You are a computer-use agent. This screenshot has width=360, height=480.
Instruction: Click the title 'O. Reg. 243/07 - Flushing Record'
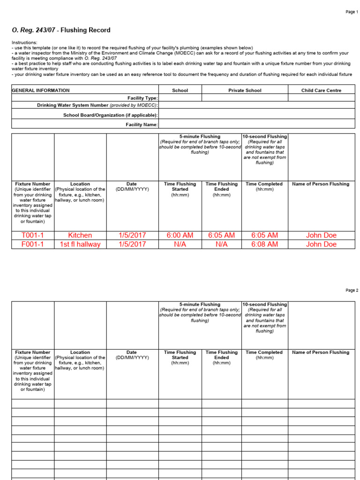[61, 30]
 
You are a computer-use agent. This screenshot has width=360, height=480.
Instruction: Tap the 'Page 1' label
[351, 12]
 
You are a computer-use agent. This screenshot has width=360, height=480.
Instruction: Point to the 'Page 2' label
[351, 291]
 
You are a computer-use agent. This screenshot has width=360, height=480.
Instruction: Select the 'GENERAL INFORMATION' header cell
[41, 90]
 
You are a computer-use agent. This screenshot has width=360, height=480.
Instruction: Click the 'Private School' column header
[245, 90]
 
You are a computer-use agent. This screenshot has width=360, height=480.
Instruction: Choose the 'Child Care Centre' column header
[321, 90]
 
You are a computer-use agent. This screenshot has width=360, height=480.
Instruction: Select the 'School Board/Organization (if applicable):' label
[111, 115]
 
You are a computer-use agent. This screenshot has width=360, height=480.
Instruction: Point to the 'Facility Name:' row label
[142, 125]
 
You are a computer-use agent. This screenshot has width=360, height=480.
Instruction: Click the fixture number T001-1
[33, 235]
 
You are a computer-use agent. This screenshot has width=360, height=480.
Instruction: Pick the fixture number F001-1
[33, 244]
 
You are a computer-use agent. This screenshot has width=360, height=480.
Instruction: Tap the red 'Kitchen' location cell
[80, 235]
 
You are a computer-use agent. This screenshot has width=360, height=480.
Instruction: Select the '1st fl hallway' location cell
[80, 244]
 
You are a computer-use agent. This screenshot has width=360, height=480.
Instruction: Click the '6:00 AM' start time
[180, 235]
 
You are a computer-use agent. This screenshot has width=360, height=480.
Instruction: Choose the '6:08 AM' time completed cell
[264, 244]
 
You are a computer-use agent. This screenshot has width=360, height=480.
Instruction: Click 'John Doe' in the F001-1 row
[321, 244]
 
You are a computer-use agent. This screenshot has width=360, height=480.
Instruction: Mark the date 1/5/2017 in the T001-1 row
[132, 235]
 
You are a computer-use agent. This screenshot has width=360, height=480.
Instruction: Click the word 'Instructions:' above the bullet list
[24, 42]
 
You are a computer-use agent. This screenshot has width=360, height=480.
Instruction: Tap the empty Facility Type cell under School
[180, 98]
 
